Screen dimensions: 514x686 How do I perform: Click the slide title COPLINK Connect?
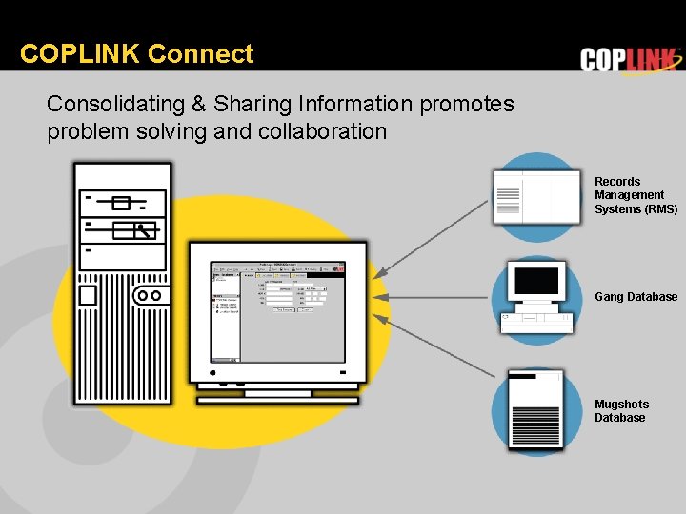click(136, 54)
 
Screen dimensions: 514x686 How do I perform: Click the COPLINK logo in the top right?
click(630, 60)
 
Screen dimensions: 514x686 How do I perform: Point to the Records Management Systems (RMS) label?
click(636, 195)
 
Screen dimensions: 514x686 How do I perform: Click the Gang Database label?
click(636, 297)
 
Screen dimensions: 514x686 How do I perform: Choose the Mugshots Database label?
click(620, 411)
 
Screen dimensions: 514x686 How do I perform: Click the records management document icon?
click(536, 197)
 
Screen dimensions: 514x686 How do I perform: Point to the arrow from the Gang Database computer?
click(434, 297)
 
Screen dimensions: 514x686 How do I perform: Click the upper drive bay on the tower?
click(121, 202)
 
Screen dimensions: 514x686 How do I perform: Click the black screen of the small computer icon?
click(537, 281)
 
